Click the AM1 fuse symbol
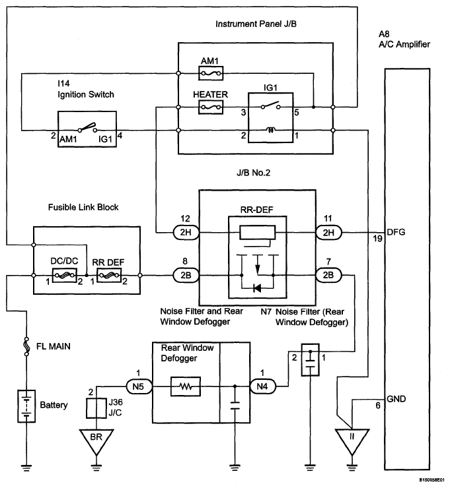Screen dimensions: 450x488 point(211,73)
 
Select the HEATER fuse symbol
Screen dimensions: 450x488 point(211,107)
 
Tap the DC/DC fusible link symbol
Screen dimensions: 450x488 point(64,275)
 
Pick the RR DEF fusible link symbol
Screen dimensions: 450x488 point(109,275)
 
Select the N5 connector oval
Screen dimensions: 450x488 point(139,386)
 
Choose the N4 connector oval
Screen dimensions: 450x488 point(262,386)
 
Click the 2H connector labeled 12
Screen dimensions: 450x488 point(186,233)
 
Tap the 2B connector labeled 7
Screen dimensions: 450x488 point(328,275)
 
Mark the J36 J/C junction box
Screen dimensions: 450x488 point(96,408)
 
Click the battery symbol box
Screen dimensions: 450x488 point(26,406)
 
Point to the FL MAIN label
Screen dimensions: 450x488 point(54,346)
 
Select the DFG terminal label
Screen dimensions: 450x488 point(396,232)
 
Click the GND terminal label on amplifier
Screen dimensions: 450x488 point(396,399)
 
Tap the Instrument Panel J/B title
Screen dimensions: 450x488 point(256,24)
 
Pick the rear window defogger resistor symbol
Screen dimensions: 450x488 point(186,386)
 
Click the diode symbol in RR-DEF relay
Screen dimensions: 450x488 point(257,288)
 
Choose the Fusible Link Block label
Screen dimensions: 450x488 point(83,207)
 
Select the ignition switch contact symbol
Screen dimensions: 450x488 point(87,127)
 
